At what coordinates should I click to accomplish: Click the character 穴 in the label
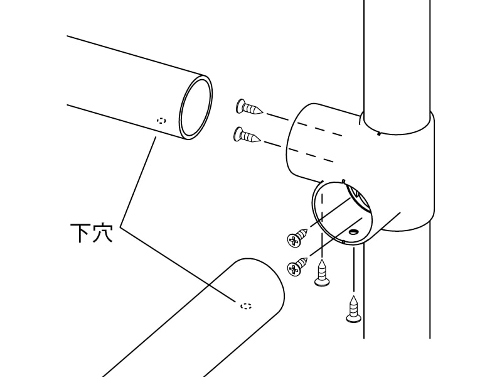pos(102,233)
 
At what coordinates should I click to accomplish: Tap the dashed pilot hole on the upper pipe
pos(162,121)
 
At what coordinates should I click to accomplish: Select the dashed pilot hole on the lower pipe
pos(246,306)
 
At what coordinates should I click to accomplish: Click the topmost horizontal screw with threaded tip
pos(249,107)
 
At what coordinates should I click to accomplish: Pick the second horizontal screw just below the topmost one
pos(248,135)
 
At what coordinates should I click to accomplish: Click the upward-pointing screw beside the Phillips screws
pos(322,273)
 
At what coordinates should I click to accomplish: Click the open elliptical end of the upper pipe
pos(196,107)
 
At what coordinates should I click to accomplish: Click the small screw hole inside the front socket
pos(353,231)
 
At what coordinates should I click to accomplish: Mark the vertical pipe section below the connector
pos(397,288)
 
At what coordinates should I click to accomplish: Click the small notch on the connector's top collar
pos(379,134)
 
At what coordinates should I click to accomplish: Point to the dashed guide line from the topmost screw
pos(304,124)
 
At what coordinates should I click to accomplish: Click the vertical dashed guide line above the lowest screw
pos(354,270)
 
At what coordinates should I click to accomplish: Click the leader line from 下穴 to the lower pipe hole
pos(179,265)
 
